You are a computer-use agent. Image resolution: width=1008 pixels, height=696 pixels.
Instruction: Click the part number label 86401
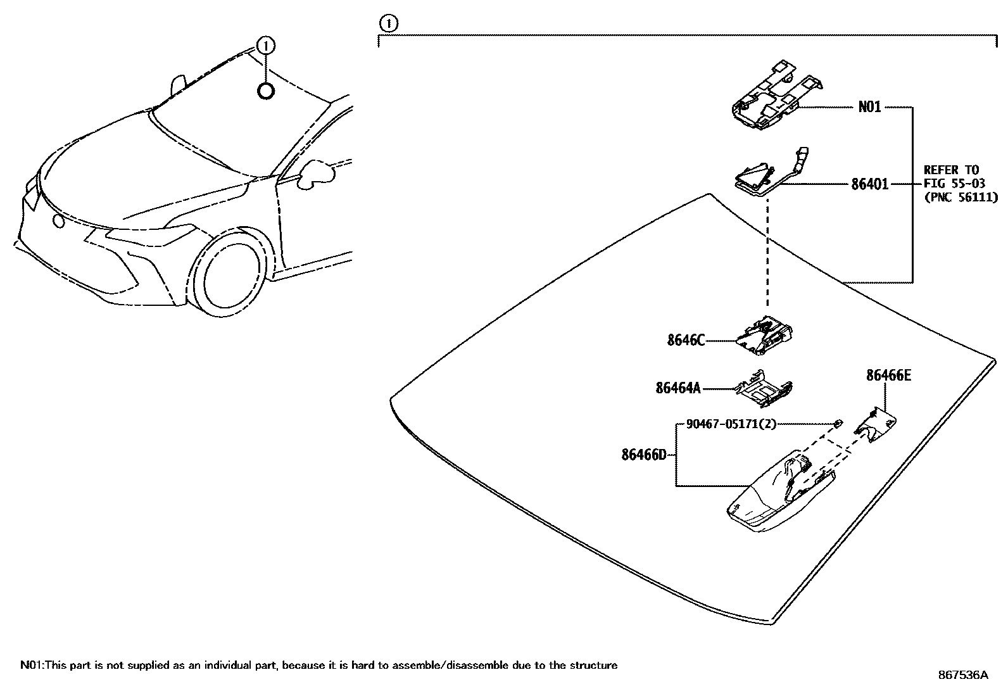point(869,184)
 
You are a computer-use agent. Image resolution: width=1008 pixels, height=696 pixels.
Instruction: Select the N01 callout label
point(869,107)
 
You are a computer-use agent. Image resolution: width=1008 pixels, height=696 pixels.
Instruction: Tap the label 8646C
point(685,341)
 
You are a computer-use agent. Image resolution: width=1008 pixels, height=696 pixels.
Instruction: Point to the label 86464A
point(678,388)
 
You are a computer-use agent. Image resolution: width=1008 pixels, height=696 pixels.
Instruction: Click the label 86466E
point(888,376)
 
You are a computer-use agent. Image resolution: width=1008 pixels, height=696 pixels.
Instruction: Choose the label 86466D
point(644,454)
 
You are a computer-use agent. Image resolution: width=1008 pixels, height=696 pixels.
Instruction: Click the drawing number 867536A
point(962,675)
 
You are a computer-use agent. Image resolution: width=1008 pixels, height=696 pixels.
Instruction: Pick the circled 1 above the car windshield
point(266,45)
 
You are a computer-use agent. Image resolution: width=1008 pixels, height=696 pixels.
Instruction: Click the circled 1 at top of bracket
point(387,24)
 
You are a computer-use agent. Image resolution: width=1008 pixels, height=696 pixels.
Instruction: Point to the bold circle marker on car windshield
point(266,91)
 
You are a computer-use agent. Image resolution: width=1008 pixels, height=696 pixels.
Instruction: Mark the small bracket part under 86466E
point(877,425)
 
